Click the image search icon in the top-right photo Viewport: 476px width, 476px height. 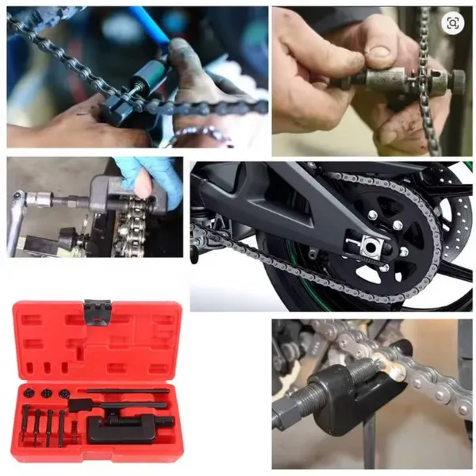452,24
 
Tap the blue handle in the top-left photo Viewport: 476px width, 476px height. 150,25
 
